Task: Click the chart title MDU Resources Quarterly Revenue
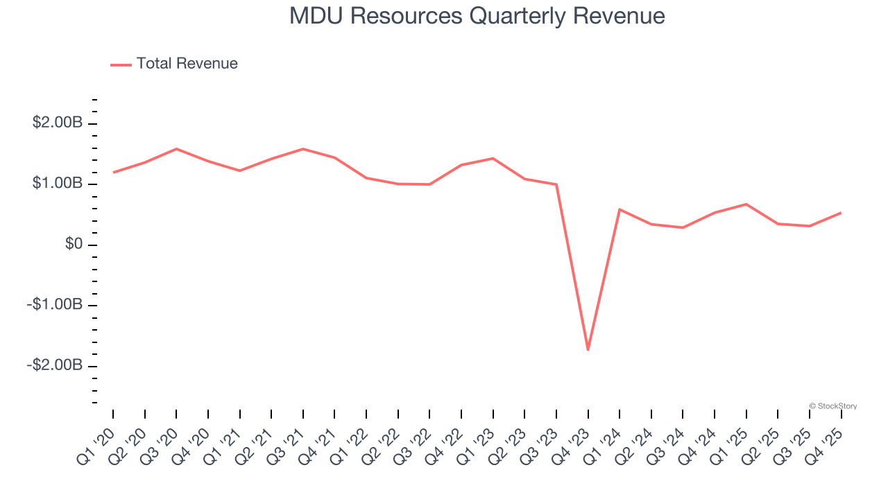coord(477,16)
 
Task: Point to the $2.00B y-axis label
coord(57,123)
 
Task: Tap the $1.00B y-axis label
coord(57,184)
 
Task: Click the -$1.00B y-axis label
coord(55,305)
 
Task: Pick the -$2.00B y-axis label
coord(55,365)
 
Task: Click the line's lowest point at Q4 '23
coord(588,349)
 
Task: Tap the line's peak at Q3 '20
coord(176,149)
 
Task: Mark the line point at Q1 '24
coord(619,209)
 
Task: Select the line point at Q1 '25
coord(746,204)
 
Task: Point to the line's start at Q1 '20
coord(113,172)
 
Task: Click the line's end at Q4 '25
coord(841,213)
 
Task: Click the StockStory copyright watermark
coord(832,406)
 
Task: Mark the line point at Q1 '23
coord(493,158)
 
